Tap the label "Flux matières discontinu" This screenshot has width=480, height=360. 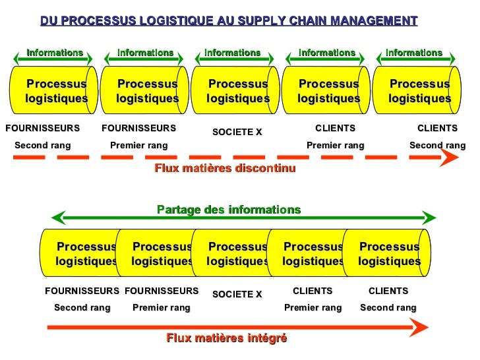click(x=225, y=168)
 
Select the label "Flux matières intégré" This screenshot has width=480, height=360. click(x=227, y=338)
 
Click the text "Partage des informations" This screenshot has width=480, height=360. click(x=229, y=210)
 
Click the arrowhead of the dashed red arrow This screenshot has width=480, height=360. click(x=450, y=158)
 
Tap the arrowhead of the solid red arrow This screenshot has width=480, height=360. click(x=419, y=326)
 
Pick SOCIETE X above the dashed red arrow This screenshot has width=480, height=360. click(x=237, y=132)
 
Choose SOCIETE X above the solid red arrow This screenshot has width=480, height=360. click(x=237, y=294)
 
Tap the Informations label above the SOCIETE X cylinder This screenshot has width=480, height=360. click(x=232, y=53)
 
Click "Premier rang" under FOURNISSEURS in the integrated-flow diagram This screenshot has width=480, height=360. click(x=162, y=307)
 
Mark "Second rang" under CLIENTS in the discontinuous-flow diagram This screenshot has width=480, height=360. click(x=437, y=145)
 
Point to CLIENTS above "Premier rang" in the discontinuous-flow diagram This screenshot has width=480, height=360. click(x=335, y=128)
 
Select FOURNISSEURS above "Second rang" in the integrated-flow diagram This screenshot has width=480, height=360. click(x=82, y=290)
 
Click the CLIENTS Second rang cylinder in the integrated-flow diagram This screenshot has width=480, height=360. click(x=389, y=254)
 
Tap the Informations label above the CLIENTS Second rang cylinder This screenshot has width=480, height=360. click(x=414, y=53)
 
